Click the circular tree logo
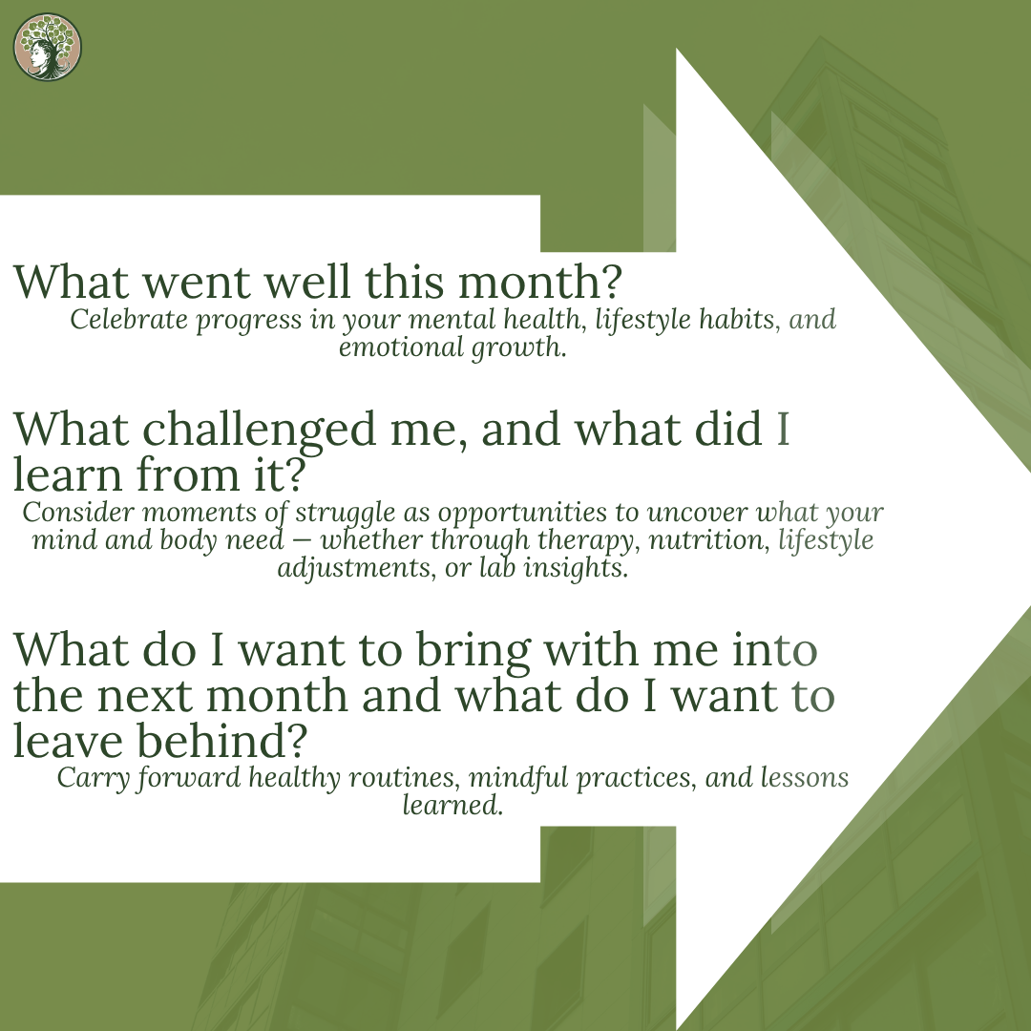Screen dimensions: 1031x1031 point(48,48)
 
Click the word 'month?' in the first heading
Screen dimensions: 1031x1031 point(539,282)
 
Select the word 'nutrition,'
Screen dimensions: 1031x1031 point(708,540)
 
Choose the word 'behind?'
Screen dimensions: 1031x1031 point(222,740)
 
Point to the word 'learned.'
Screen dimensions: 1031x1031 point(453,805)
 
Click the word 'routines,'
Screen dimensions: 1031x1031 point(404,779)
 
